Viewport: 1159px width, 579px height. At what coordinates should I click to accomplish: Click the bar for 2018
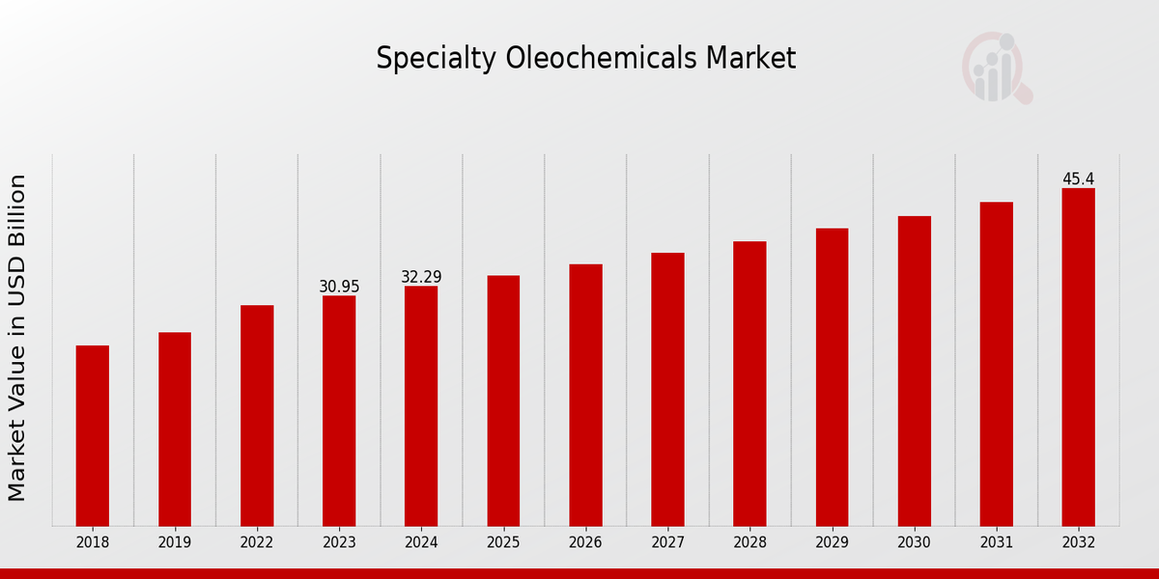coord(93,435)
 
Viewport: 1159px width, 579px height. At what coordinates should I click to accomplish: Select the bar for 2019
coord(175,429)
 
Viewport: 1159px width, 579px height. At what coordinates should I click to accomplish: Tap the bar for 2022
coord(257,416)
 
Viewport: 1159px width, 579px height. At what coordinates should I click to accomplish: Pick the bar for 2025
coord(503,400)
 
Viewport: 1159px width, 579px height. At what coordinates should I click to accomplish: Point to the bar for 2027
coord(667,389)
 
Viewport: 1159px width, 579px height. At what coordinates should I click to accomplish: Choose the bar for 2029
coord(832,377)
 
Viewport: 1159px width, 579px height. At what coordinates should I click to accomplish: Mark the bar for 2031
coord(996,364)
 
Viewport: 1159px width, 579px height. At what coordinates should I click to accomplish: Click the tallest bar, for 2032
coord(1078,357)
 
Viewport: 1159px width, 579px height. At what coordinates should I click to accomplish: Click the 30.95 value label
coord(339,287)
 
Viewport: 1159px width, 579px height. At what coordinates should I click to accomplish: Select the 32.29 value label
coord(421,277)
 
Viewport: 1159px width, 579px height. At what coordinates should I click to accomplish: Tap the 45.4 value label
coord(1078,179)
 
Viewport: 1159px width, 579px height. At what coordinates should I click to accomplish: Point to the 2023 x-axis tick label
coord(339,543)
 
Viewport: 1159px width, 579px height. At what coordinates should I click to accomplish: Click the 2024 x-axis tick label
coord(421,543)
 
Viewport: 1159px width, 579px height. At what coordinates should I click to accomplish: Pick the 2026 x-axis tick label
coord(585,543)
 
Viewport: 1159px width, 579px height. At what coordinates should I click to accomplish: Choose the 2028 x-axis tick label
coord(749,543)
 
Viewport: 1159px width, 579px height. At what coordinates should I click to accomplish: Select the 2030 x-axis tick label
coord(914,543)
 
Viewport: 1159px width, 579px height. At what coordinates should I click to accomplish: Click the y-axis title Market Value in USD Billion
coord(17,338)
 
